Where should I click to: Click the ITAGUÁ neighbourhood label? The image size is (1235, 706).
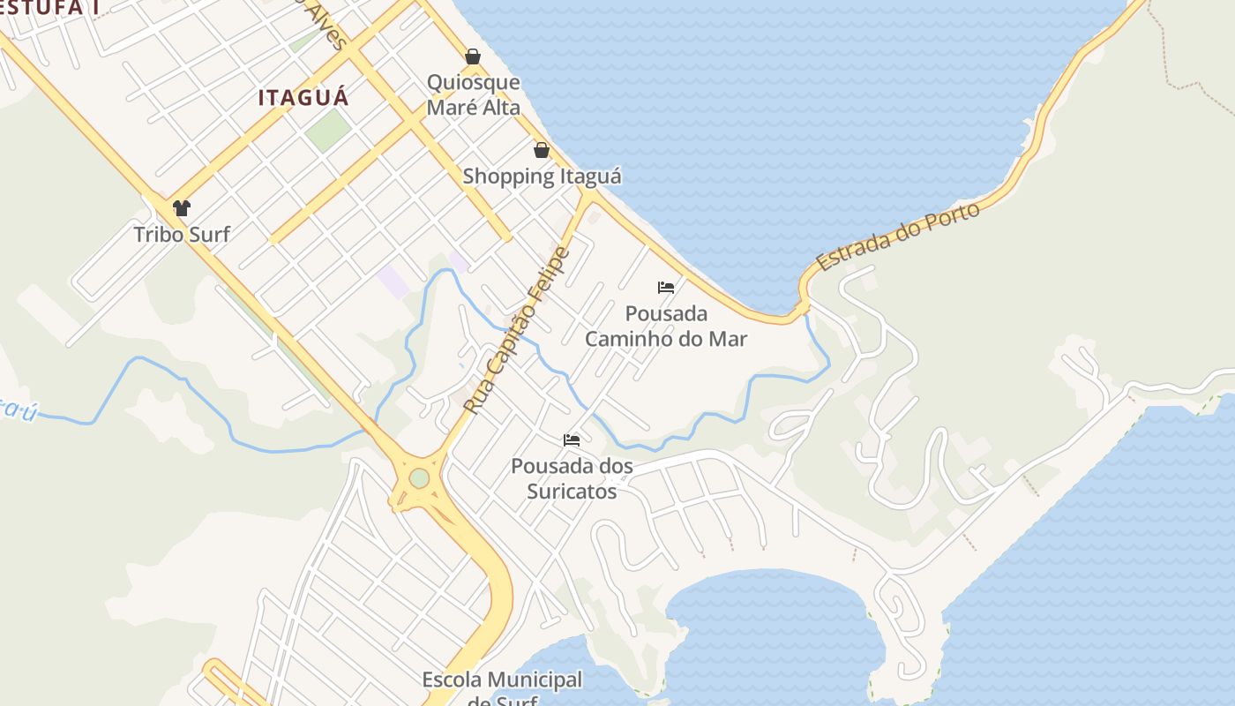[303, 97]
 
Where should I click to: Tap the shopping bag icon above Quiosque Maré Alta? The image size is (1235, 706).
[473, 56]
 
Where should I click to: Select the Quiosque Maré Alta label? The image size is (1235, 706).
[473, 94]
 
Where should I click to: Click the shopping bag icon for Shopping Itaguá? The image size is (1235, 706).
[542, 150]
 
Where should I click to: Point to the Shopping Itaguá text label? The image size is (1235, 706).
[542, 176]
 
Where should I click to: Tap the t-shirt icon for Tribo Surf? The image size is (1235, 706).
[182, 208]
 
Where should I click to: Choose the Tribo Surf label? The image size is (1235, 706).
[182, 234]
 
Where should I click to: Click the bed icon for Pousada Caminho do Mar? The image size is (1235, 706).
[666, 288]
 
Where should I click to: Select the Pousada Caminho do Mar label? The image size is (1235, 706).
[666, 326]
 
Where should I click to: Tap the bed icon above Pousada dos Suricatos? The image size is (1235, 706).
[572, 439]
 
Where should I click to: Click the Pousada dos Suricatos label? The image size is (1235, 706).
[572, 477]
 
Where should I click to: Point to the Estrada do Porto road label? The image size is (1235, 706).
[898, 237]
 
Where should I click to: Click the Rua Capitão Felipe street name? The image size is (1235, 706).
[517, 331]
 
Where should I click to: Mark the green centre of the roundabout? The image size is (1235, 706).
[419, 477]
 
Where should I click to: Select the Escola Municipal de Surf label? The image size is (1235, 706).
[502, 688]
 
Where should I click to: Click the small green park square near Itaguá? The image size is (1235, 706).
[328, 130]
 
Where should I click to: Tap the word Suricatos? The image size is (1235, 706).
[572, 491]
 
